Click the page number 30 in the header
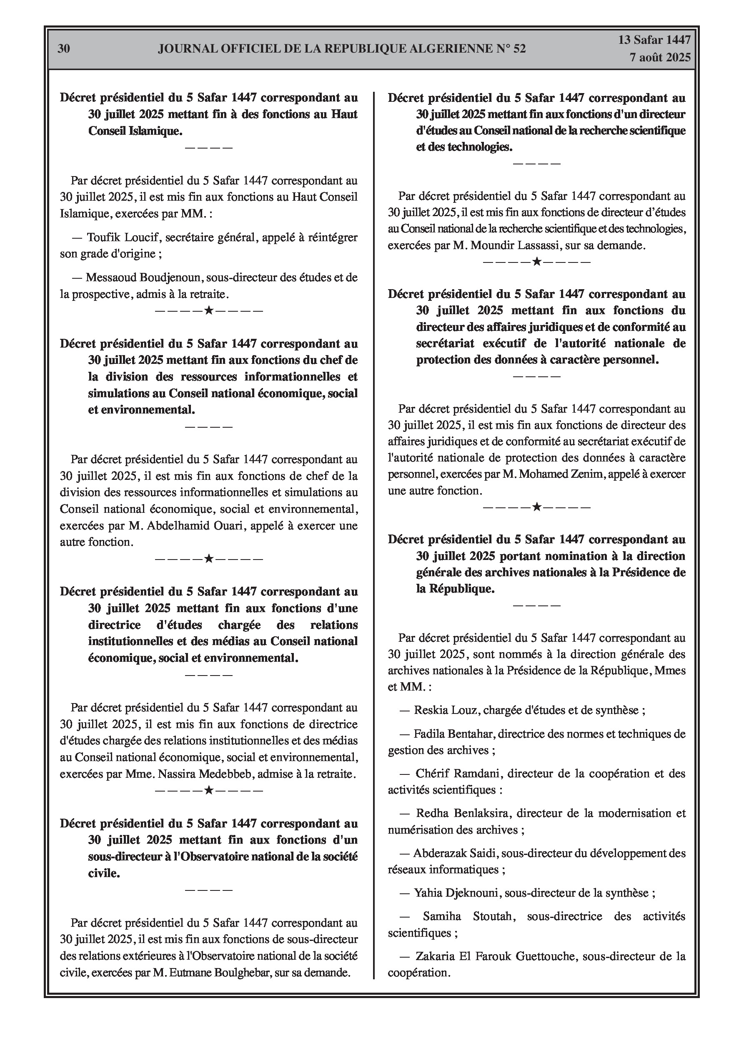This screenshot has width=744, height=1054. [64, 49]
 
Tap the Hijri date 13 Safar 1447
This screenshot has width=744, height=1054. [654, 40]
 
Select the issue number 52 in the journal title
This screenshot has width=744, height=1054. [519, 49]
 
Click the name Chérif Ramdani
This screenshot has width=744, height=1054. [458, 774]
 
